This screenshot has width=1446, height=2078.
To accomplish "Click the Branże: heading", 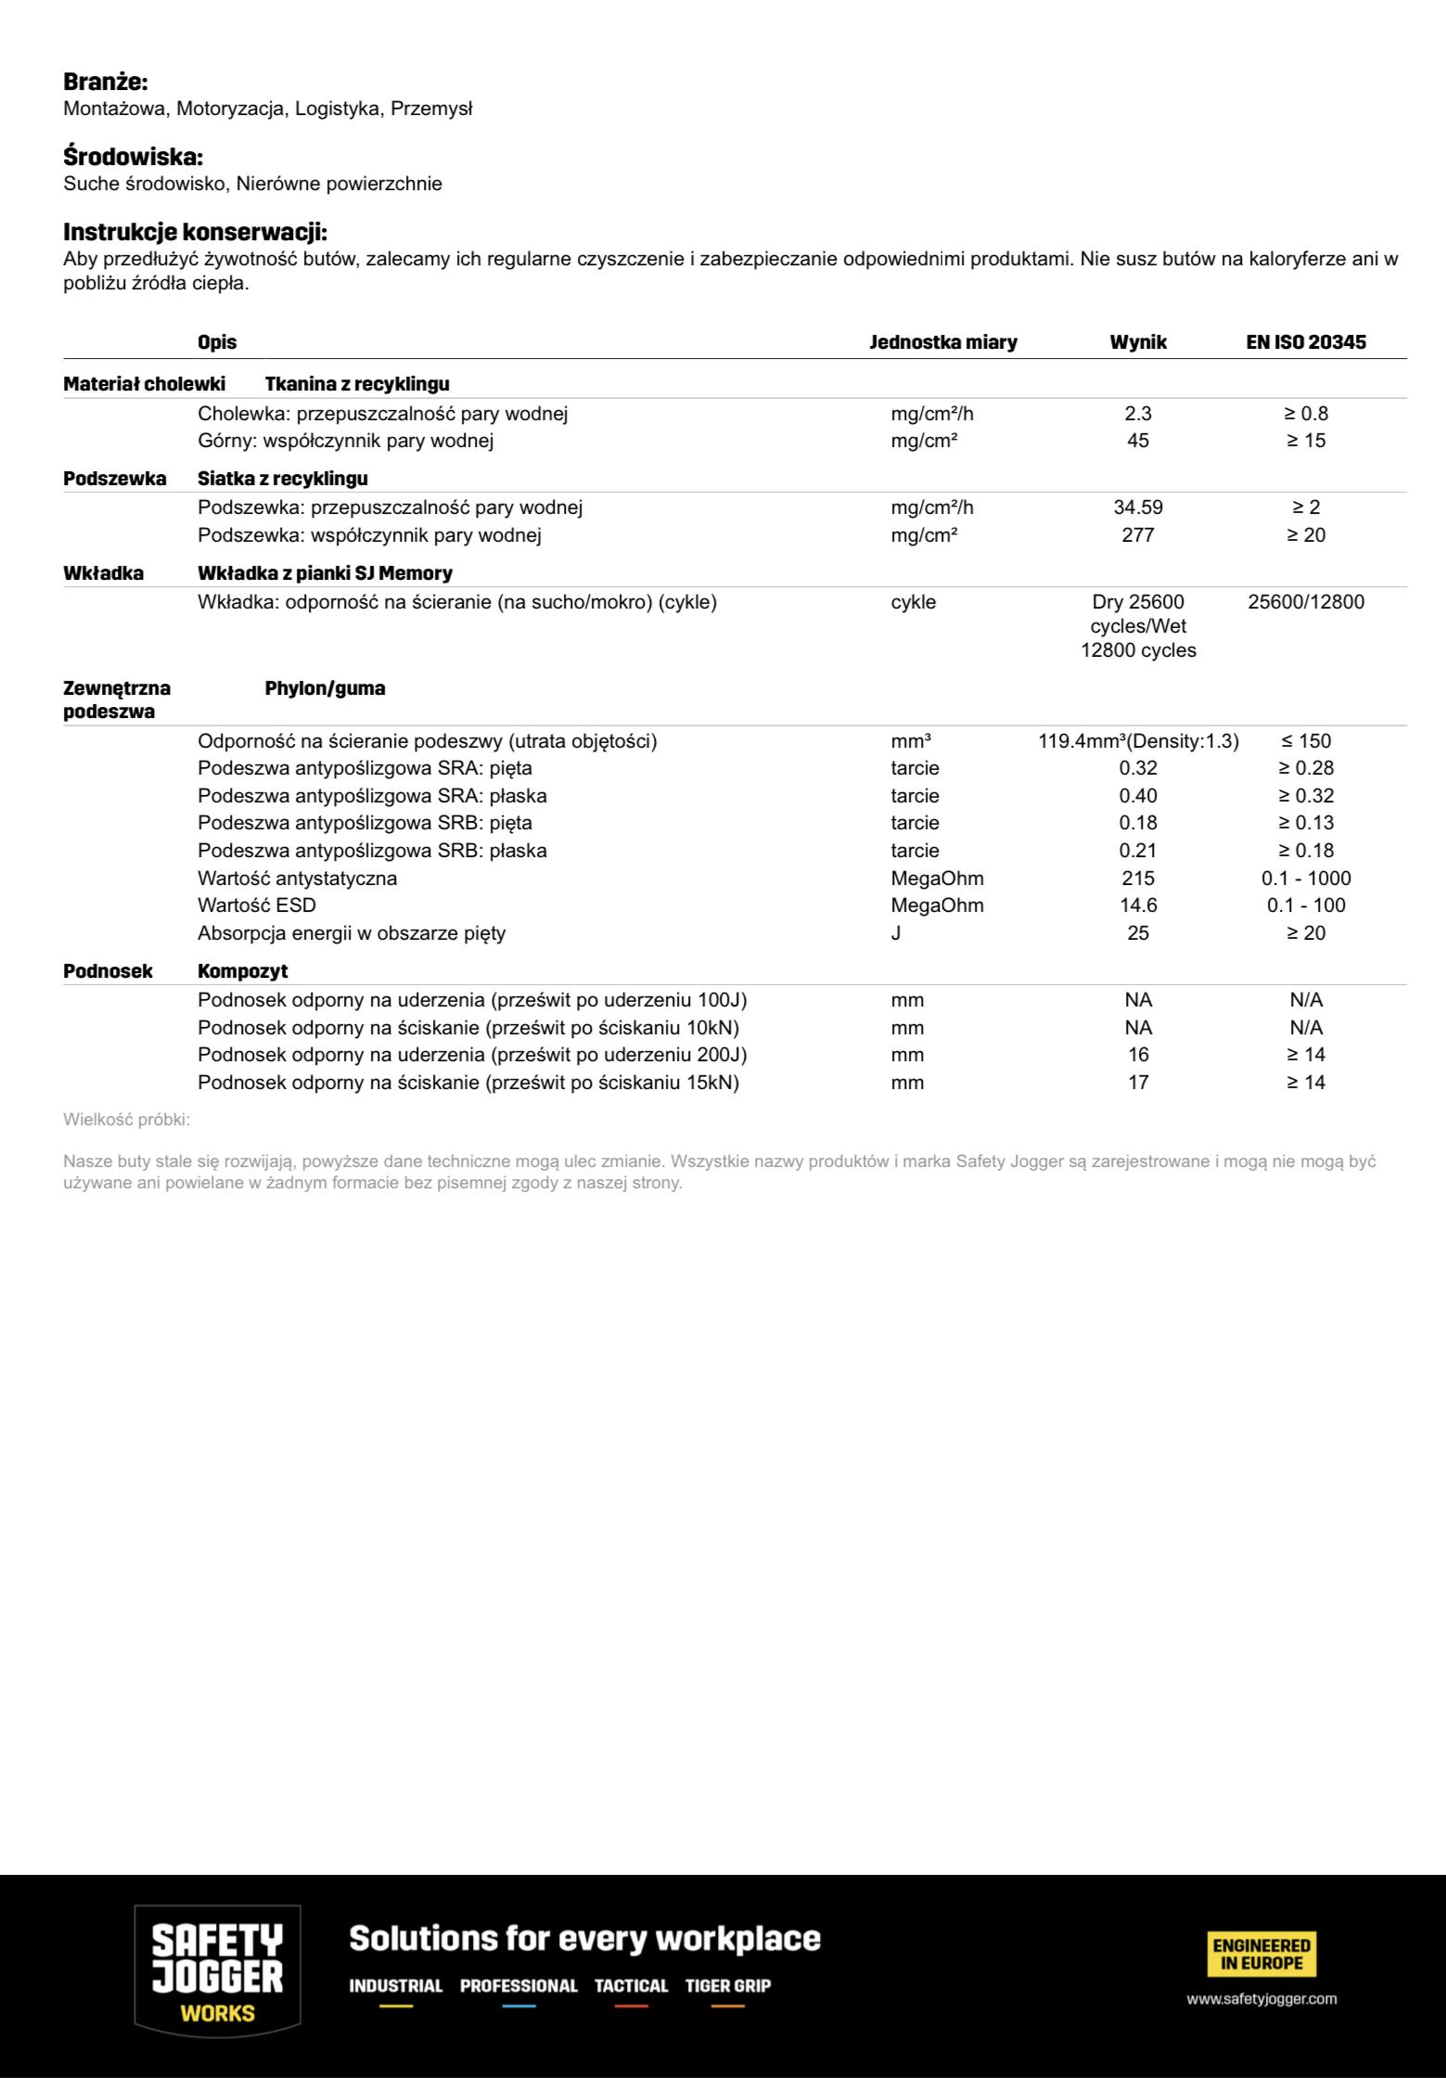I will pos(105,82).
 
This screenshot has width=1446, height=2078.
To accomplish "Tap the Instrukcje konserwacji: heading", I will pos(195,232).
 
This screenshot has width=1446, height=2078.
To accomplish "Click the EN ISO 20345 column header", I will pos(1305,342).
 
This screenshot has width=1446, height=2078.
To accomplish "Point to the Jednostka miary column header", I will pos(942,342).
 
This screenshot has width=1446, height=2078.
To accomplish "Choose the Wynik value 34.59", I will pos(1138,507).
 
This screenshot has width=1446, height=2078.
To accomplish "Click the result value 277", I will pos(1138,535).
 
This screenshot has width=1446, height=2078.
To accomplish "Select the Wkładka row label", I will pos(103,573).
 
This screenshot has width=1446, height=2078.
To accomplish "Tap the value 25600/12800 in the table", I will pos(1305,602).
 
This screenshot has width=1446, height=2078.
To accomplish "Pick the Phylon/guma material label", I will pos(325,688).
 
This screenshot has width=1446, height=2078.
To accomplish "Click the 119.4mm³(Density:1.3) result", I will pos(1138,741).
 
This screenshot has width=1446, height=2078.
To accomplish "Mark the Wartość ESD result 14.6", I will pos(1138,905).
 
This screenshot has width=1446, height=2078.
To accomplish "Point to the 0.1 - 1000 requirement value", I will pos(1305,879).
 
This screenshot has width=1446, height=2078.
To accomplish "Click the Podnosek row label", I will pos(108,971).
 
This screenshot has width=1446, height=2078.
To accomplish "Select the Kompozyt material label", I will pos(242,971).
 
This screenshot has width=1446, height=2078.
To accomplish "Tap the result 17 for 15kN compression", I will pos(1138,1083).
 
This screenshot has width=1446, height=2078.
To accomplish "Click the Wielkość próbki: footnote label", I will pos(126,1120).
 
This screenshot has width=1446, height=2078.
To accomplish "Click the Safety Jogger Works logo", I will pos(217,1969).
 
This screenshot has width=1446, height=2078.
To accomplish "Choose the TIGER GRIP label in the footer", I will pos(728,1985).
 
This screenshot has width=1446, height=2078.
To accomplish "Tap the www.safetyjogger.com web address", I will pos(1261,1999).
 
